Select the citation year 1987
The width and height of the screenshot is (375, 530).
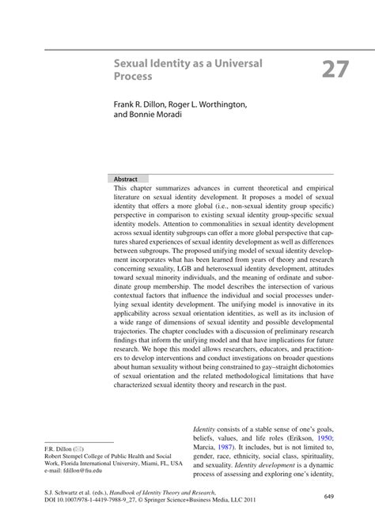pos(230,445)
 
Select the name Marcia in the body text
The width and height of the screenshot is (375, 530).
pos(206,445)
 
